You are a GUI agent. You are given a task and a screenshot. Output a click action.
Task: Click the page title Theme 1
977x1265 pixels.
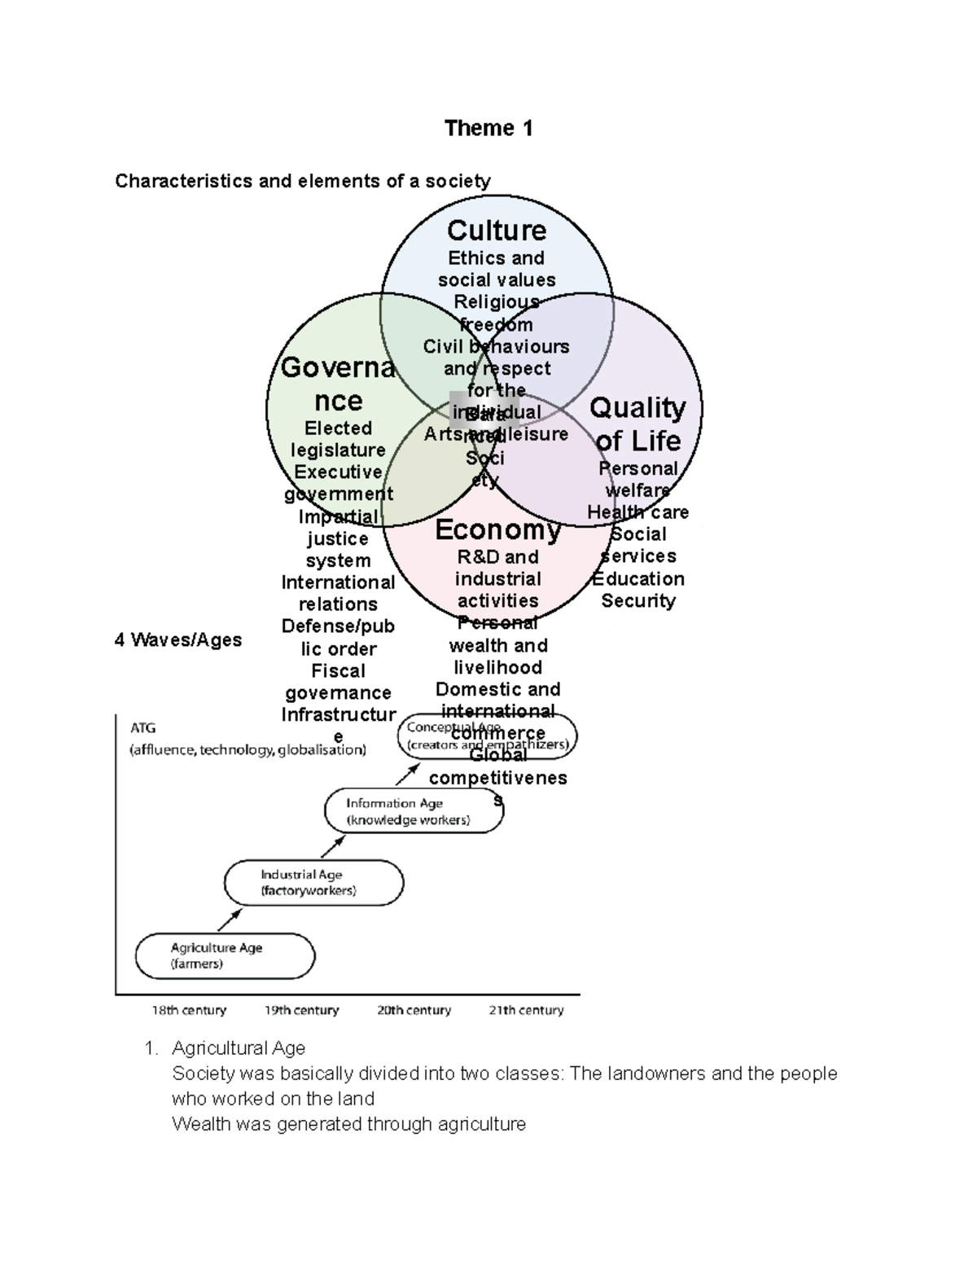point(488,129)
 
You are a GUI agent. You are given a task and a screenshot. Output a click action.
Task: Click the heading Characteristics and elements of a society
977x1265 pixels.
point(302,181)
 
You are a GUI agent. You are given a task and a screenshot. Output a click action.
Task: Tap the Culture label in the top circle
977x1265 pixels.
point(497,231)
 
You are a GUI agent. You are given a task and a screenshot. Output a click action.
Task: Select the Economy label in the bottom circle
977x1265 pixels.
point(497,530)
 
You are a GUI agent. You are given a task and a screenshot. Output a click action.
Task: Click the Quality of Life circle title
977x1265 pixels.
point(637,424)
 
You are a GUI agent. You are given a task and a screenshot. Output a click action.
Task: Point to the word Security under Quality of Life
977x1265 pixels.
point(638,601)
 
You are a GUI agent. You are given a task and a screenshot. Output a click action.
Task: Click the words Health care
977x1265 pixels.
point(637,512)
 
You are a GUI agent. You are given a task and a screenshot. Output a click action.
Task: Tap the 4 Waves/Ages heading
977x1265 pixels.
point(178,640)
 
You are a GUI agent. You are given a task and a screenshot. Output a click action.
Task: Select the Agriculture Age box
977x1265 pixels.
point(225,956)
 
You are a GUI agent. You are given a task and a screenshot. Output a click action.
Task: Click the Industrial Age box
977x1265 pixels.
point(313,883)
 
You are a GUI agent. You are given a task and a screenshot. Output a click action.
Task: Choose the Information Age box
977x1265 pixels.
point(414,811)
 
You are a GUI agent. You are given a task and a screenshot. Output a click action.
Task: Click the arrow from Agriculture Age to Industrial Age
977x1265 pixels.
point(230,920)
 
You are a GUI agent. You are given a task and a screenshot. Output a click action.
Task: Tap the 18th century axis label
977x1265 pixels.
point(189,1011)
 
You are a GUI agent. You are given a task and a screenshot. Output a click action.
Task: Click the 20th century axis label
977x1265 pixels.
point(414,1011)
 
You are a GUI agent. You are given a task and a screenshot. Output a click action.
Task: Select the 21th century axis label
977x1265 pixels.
point(526,1011)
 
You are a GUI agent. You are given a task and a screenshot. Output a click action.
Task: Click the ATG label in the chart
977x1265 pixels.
point(142,728)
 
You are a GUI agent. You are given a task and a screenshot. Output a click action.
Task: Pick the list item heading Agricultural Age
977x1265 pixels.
point(239,1048)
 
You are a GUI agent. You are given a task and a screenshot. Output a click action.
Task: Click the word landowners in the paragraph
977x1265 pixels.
point(637,1074)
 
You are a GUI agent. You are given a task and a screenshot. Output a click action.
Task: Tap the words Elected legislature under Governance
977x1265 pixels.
point(338,439)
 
